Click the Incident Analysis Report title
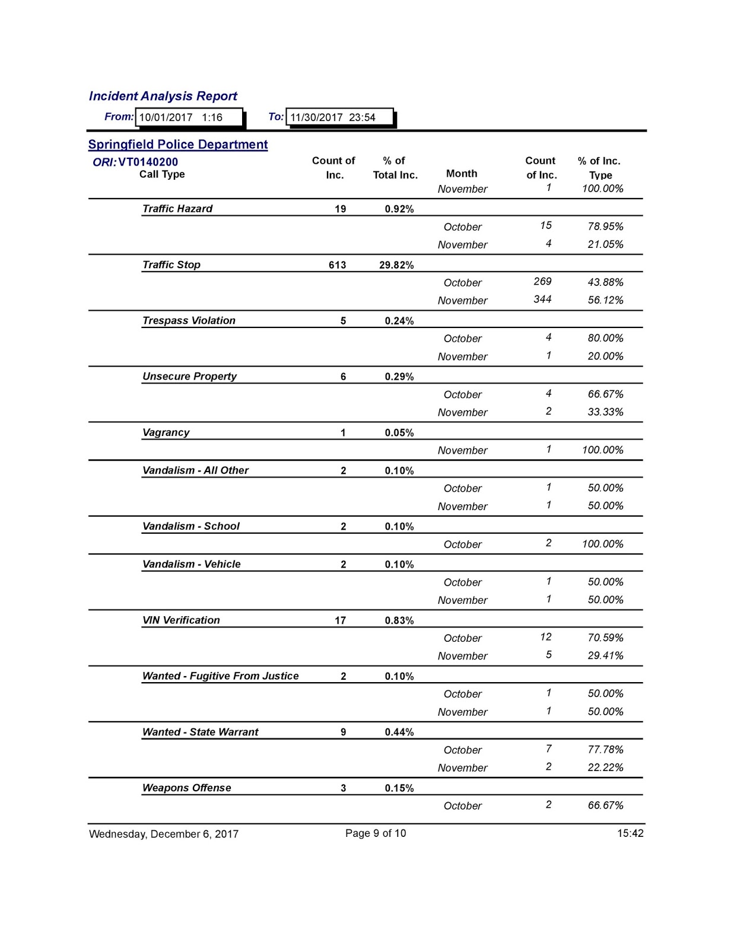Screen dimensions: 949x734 [163, 96]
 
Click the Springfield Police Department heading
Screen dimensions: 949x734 [178, 145]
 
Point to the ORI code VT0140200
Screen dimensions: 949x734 [148, 162]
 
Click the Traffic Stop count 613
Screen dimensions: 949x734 [337, 265]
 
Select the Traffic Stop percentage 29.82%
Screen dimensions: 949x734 [396, 265]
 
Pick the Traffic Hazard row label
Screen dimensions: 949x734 [177, 209]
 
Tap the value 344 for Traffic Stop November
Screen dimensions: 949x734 [542, 300]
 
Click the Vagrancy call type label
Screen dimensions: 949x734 [166, 432]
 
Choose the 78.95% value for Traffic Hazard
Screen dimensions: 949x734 [605, 227]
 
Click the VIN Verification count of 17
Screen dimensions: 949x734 [340, 620]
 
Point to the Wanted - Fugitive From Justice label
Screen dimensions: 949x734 [220, 676]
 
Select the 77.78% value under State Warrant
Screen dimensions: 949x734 [605, 750]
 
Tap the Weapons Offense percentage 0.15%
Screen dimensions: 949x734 [399, 788]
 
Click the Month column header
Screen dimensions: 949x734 [462, 174]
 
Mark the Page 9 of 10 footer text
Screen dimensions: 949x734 [376, 833]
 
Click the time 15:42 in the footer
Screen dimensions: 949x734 [630, 833]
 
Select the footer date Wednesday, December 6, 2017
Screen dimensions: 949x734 [164, 834]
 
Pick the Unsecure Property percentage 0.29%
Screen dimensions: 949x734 [399, 377]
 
